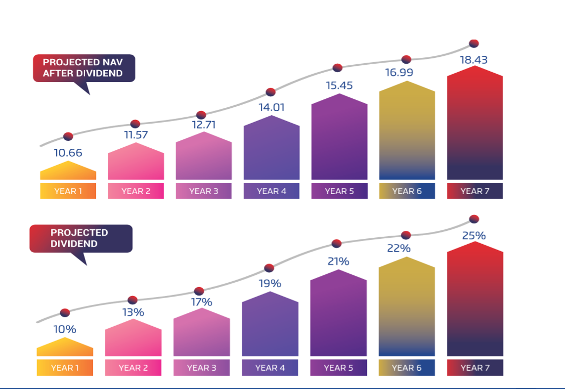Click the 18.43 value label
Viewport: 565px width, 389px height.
[x=474, y=60]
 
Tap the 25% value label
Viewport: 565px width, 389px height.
[x=474, y=236]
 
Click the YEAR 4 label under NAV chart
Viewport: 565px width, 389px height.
[x=271, y=191]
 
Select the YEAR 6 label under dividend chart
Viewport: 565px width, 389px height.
[x=406, y=367]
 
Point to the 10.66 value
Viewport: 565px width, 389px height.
[x=68, y=153]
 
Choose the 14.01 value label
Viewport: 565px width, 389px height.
[x=271, y=107]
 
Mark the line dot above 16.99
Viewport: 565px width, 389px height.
[x=406, y=59]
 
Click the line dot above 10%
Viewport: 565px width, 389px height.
[x=65, y=312]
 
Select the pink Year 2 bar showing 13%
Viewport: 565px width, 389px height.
[x=133, y=339]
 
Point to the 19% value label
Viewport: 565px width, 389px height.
[x=270, y=283]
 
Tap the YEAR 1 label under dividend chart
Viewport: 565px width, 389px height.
[x=65, y=367]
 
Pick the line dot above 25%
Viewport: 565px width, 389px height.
[x=474, y=219]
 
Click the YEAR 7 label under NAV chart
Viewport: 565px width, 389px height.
[x=475, y=191]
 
